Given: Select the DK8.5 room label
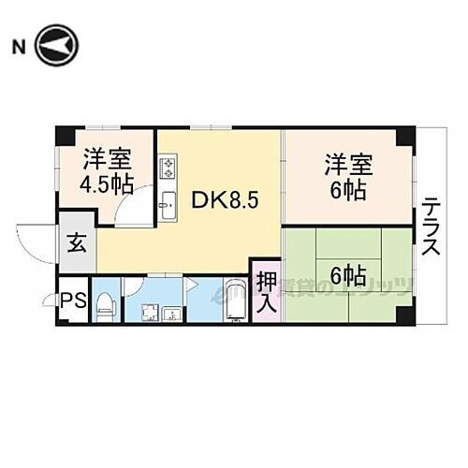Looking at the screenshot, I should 220,199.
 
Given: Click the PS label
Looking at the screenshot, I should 71,301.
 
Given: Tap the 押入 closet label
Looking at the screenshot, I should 265,290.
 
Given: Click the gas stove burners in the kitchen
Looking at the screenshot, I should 169,169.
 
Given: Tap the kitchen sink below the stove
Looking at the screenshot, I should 169,204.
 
